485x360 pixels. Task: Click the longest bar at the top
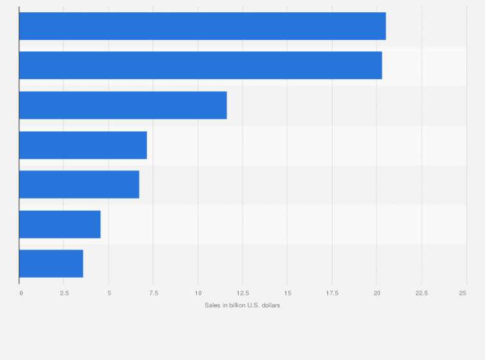(x=202, y=26)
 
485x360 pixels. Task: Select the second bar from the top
(x=200, y=66)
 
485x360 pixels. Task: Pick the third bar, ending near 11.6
(x=123, y=105)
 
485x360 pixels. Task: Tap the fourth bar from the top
(x=83, y=145)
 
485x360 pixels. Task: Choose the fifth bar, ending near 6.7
(x=79, y=184)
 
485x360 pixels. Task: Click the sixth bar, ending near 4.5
(x=60, y=224)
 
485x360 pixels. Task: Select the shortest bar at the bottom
(x=51, y=264)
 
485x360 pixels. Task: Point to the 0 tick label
(x=21, y=293)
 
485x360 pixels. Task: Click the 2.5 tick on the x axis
(x=64, y=293)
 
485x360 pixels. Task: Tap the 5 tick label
(x=109, y=293)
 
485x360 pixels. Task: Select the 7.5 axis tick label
(x=153, y=293)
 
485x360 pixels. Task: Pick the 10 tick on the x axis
(x=198, y=293)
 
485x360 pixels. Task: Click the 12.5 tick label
(x=243, y=293)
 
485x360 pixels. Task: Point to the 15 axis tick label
(x=288, y=293)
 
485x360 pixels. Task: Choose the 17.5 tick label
(x=332, y=293)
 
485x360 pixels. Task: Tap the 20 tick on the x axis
(x=377, y=293)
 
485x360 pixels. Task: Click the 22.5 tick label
(x=421, y=293)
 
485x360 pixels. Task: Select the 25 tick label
(x=462, y=293)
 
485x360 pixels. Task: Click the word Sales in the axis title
(x=212, y=305)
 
